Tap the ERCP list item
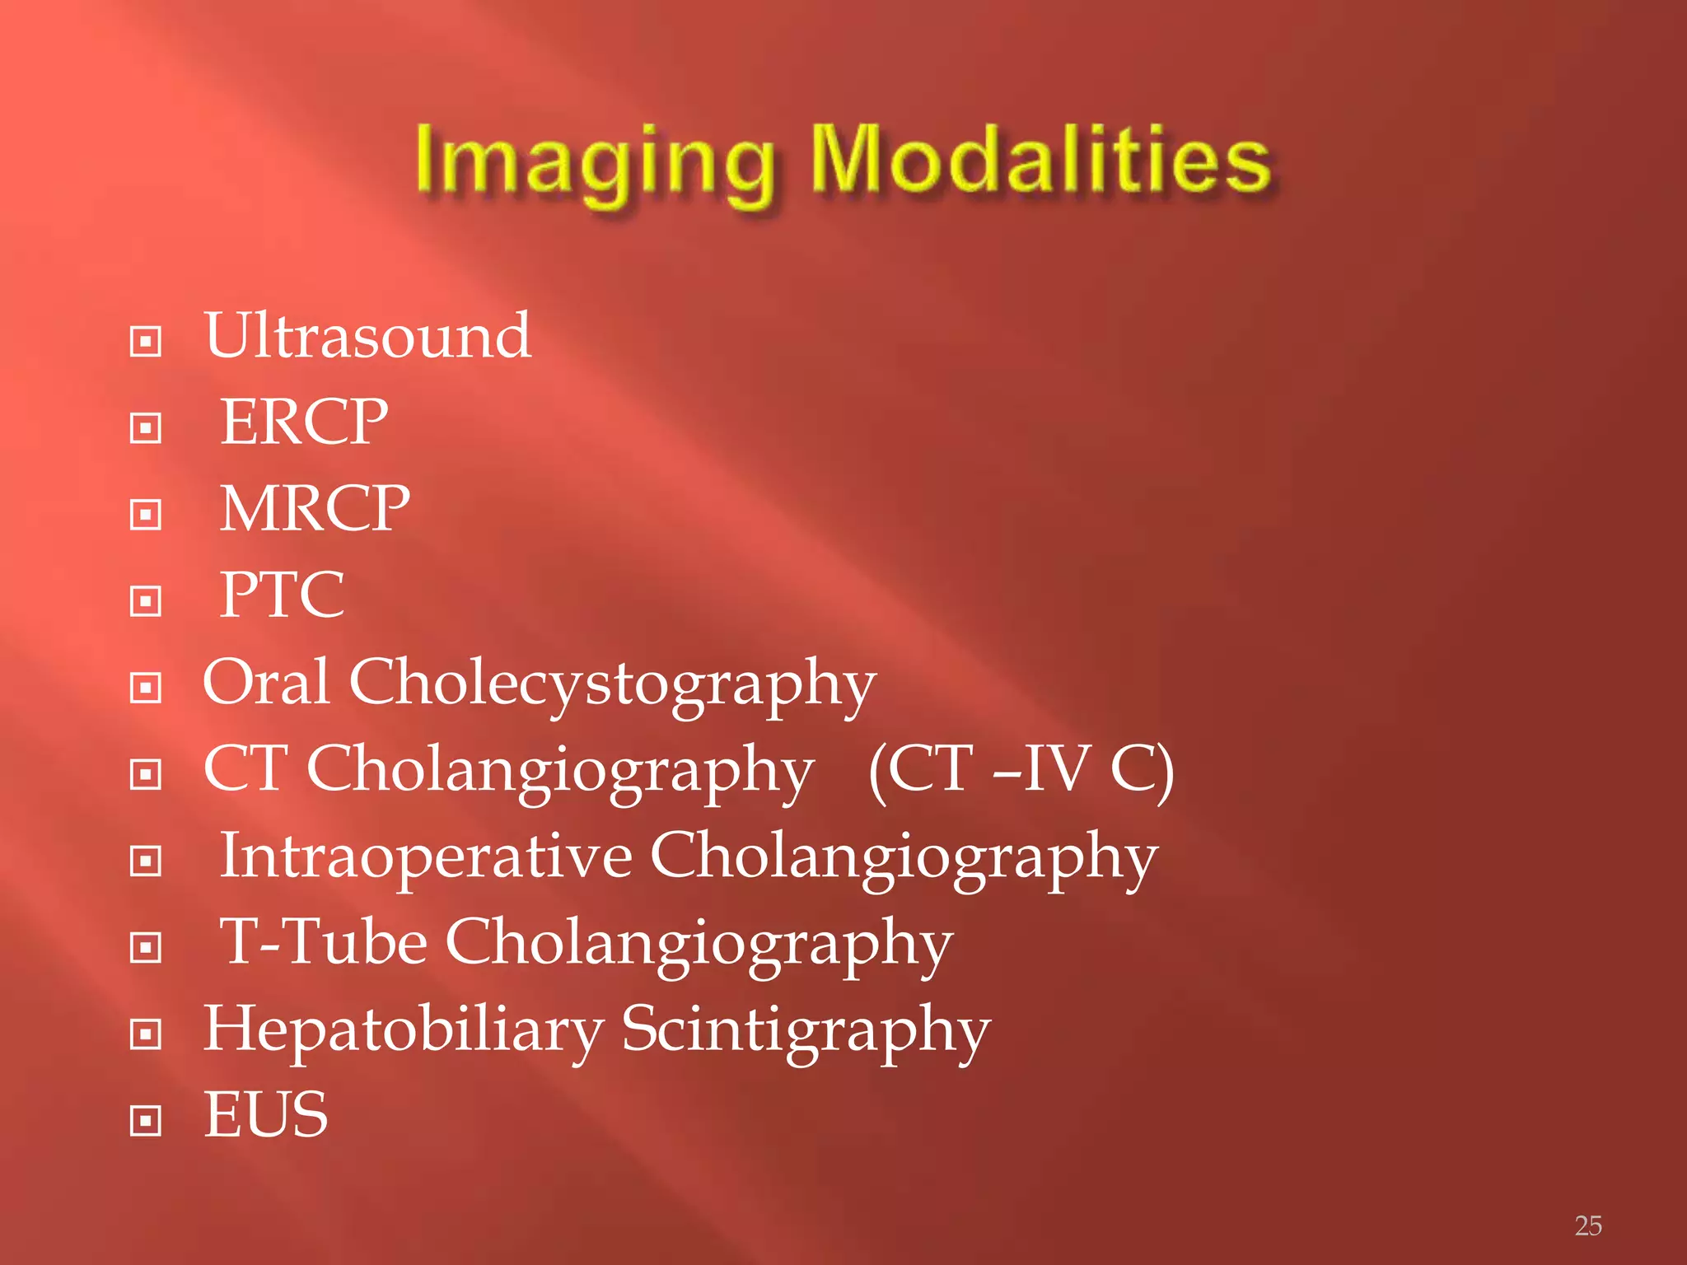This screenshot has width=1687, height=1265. [x=304, y=422]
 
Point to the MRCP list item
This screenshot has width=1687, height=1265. [x=315, y=509]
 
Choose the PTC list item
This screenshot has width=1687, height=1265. [x=282, y=595]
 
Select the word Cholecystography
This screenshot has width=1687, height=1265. [x=612, y=685]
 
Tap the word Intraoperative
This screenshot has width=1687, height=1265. [x=426, y=857]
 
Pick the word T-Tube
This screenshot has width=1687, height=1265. [x=323, y=942]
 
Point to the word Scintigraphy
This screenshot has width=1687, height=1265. [x=806, y=1031]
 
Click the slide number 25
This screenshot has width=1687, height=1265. [x=1588, y=1225]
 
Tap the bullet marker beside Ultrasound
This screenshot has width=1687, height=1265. [x=146, y=341]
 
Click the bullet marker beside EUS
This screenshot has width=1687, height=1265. [x=146, y=1120]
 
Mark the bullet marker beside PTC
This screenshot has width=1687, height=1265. [x=146, y=601]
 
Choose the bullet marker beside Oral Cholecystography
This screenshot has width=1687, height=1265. [x=146, y=688]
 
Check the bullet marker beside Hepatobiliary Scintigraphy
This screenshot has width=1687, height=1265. [x=146, y=1034]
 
